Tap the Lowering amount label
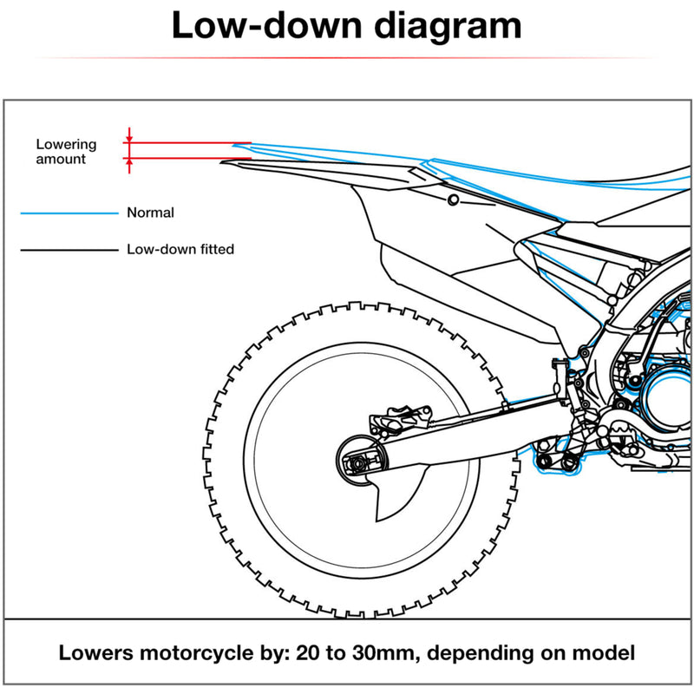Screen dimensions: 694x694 pos(66,152)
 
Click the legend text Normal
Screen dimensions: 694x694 pos(150,213)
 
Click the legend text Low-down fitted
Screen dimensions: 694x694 pos(180,250)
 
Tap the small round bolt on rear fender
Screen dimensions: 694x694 pos(453,200)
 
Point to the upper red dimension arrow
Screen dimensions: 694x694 pos(129,135)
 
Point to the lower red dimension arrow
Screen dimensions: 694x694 pos(129,165)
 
